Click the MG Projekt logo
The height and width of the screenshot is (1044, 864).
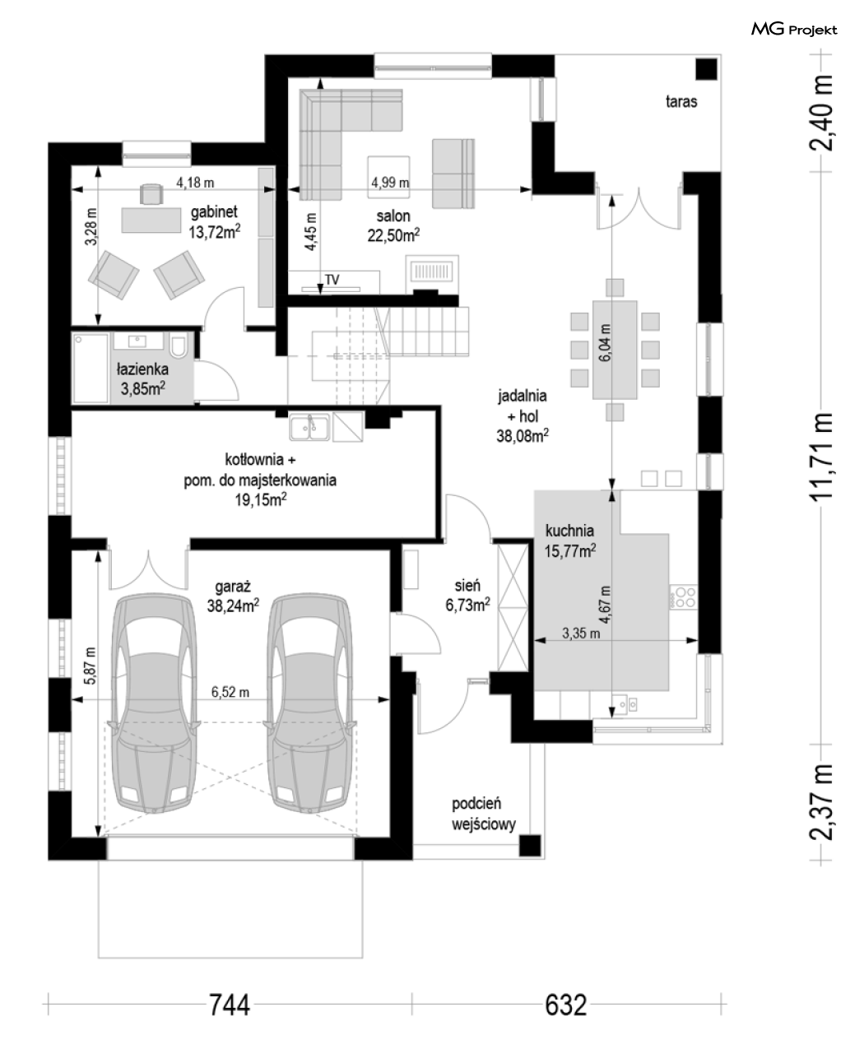coord(794,30)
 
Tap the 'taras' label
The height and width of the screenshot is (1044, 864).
coord(681,101)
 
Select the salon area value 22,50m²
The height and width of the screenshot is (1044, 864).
coord(393,235)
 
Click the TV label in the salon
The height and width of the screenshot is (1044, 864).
coord(332,280)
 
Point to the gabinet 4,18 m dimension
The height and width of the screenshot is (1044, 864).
coord(195,183)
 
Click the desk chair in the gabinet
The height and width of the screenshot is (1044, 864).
coord(151,193)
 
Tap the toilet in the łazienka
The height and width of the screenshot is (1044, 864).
coord(179,345)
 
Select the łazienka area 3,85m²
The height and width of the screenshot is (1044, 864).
coord(142,388)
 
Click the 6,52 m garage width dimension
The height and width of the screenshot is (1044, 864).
coord(230,692)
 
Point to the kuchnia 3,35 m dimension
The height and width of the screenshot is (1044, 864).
coord(581,633)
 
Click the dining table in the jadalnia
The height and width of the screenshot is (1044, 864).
coord(615,350)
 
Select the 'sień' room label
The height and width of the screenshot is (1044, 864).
coord(467,585)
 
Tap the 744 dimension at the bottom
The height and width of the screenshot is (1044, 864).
coord(229,1005)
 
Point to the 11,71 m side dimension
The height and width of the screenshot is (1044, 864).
coord(820,457)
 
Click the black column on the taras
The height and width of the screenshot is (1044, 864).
coord(707,69)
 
